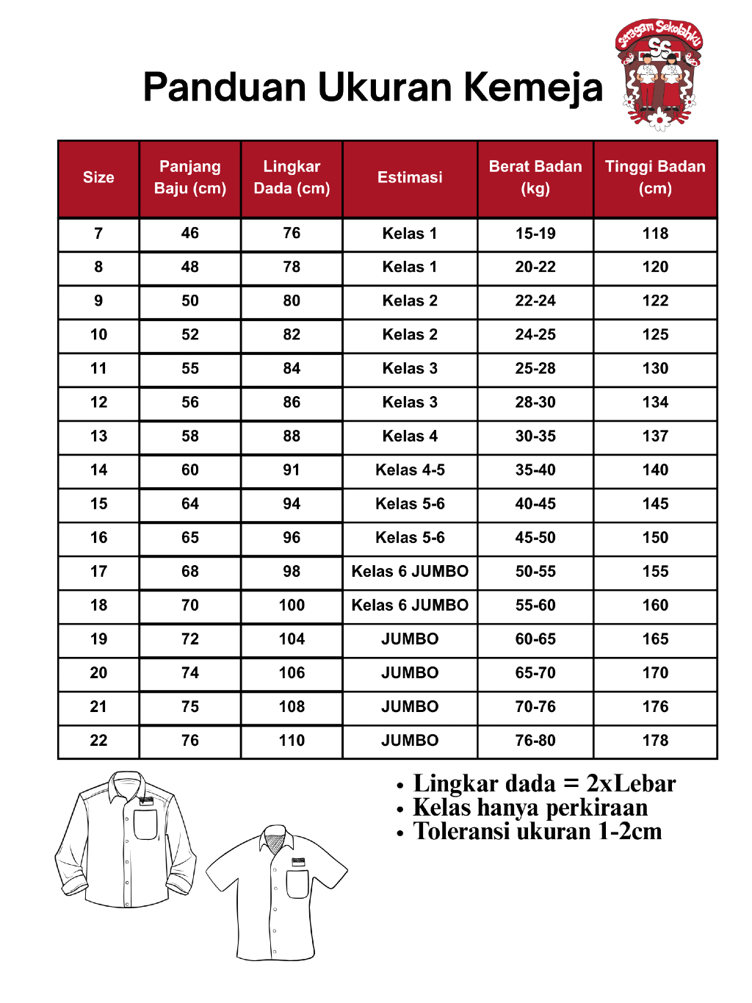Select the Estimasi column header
[410, 178]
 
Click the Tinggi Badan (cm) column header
[655, 178]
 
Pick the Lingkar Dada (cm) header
[292, 178]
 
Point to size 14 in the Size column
[98, 470]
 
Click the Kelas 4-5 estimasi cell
[410, 470]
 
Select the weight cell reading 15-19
[535, 234]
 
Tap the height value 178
[655, 741]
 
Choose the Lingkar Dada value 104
[292, 639]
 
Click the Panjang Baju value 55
[190, 369]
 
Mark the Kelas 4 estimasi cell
[410, 436]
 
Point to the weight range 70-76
[535, 707]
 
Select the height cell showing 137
[655, 436]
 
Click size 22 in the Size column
[98, 741]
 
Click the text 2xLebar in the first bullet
[631, 784]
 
